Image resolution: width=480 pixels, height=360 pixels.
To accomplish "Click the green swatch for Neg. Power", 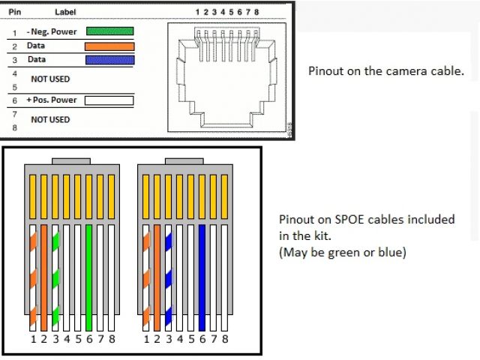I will [109, 31].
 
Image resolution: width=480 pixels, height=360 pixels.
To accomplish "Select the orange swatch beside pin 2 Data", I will [109, 46].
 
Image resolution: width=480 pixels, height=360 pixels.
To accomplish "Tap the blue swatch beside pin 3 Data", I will [109, 59].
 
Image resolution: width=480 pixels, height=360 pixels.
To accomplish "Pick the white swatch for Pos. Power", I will [109, 100].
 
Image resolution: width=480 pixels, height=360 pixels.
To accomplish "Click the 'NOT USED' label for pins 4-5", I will [50, 78].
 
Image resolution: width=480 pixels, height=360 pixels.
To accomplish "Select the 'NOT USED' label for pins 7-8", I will [50, 119].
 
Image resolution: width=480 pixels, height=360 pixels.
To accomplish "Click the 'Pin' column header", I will [14, 13].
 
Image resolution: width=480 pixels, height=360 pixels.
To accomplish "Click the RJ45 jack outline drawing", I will [226, 75].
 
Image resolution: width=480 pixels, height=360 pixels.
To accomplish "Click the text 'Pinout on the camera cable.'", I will [386, 71].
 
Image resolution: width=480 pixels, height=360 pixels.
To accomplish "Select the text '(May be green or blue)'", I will [342, 253].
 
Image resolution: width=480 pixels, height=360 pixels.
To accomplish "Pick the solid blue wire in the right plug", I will [202, 277].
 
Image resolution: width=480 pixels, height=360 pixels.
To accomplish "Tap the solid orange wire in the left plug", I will [44, 277].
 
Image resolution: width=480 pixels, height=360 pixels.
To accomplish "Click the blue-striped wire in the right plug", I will [168, 277].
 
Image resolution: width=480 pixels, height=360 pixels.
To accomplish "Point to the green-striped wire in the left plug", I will [55, 277].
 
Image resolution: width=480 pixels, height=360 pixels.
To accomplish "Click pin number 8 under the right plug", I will [225, 340].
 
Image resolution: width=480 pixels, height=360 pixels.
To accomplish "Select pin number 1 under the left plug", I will [33, 340].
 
